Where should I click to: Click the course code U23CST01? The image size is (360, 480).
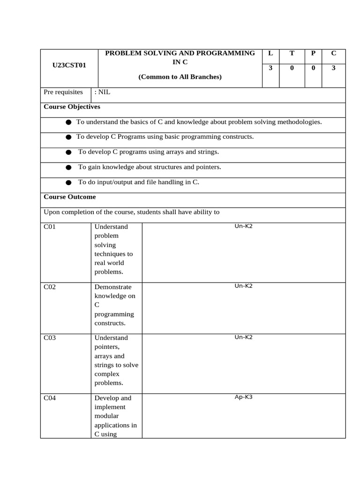[69, 66]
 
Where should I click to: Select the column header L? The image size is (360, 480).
[270, 53]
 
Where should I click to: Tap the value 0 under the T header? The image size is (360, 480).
[292, 68]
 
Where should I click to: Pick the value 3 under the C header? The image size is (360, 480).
[333, 68]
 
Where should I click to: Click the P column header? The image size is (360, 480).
[313, 53]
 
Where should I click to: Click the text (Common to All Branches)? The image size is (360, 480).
[180, 77]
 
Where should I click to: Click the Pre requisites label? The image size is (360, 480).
[63, 92]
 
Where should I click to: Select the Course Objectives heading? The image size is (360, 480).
[72, 107]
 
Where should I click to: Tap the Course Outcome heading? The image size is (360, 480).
[69, 197]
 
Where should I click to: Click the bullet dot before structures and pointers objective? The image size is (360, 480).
[68, 167]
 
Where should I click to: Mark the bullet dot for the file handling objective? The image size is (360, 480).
[68, 182]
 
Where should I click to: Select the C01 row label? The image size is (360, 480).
[50, 226]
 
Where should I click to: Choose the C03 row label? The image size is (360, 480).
[50, 337]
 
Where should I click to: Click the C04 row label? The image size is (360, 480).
[50, 398]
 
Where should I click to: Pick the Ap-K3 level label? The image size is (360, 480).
[244, 397]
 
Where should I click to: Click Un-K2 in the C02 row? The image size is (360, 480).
[244, 286]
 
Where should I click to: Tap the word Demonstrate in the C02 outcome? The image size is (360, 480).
[113, 287]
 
